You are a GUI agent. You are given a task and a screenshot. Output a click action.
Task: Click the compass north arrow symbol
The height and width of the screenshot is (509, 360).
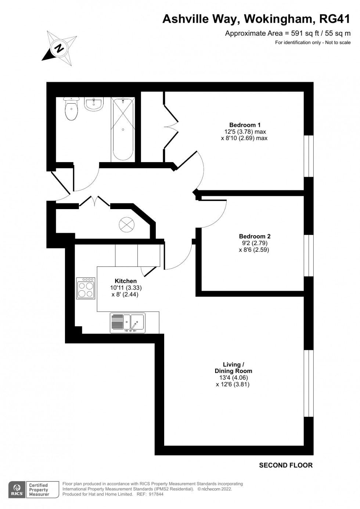click(x=59, y=47)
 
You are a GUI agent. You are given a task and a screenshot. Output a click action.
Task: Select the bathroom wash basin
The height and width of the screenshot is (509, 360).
click(x=94, y=104)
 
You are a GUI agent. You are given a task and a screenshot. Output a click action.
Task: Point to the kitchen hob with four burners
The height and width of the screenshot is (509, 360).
click(x=86, y=288)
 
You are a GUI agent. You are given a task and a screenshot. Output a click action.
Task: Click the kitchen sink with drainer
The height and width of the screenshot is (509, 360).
click(x=127, y=323)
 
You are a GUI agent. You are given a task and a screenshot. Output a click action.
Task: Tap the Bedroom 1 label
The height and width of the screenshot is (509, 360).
click(x=245, y=125)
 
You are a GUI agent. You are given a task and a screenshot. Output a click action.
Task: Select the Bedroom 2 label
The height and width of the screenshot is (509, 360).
click(x=255, y=236)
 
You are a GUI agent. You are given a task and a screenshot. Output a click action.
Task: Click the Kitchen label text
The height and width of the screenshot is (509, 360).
click(x=126, y=281)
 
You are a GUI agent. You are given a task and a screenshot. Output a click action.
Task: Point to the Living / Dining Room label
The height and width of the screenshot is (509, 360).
click(x=234, y=368)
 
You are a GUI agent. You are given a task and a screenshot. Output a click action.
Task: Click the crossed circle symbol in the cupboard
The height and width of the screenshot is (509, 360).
click(x=126, y=225)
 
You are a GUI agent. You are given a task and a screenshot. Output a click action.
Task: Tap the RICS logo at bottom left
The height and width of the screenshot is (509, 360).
click(x=17, y=490)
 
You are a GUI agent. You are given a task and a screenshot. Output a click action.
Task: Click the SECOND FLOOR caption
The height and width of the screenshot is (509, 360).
click(x=286, y=465)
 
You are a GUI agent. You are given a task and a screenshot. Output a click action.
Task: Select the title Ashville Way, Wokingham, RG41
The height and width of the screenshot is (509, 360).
click(x=256, y=19)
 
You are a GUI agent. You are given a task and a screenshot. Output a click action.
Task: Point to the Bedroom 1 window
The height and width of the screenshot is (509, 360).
click(x=309, y=156)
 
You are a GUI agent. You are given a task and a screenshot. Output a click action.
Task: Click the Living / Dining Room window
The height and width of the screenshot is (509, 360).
click(x=309, y=383)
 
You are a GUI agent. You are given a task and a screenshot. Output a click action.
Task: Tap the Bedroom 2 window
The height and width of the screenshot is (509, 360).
click(x=309, y=255)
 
